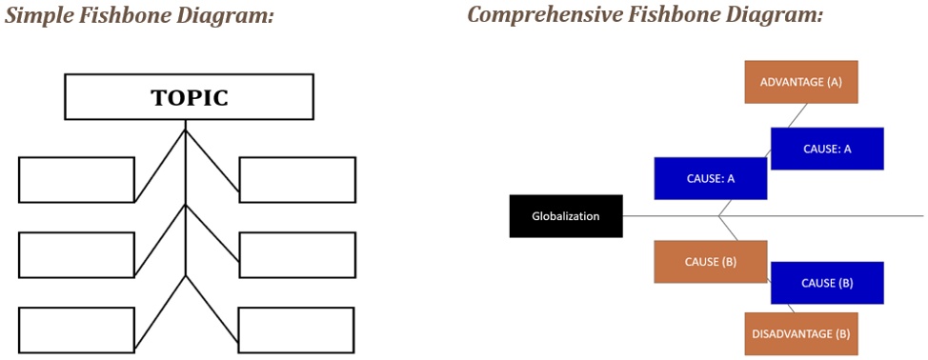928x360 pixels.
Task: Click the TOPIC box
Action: coord(189,97)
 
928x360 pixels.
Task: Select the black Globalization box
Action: coord(566,216)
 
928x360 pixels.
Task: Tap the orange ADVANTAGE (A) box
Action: coord(801,82)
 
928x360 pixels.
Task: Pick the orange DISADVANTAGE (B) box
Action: coord(801,333)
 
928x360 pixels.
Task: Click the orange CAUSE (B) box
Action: coord(711,262)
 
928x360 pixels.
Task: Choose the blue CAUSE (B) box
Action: coord(827,283)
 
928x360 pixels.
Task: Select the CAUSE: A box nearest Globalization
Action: coord(711,178)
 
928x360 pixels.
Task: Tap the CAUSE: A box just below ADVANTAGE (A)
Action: coord(827,149)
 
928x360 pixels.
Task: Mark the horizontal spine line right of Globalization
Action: coord(857,216)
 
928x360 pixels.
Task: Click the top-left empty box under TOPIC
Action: coord(76,180)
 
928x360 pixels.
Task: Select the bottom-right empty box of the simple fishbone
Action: coord(296,330)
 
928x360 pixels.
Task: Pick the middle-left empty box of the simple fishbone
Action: coord(76,254)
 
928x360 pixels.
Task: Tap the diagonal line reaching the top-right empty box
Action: coord(212,166)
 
